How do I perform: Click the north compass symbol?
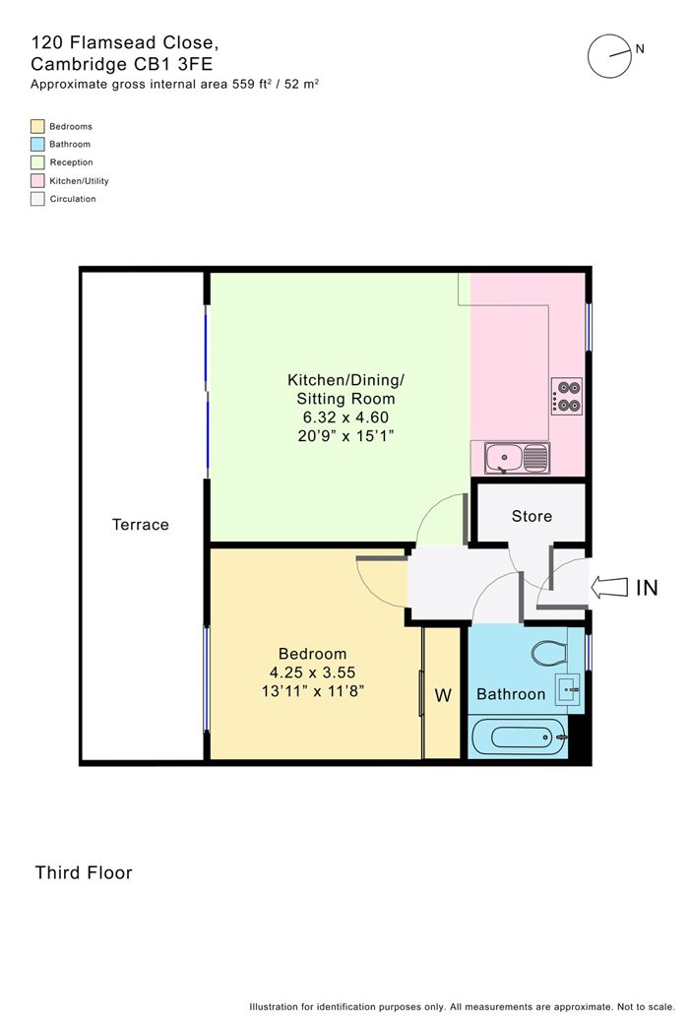[609, 55]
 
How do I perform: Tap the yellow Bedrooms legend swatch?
[37, 126]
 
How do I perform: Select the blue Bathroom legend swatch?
[37, 144]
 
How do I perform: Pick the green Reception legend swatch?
[37, 162]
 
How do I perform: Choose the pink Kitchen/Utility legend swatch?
[37, 181]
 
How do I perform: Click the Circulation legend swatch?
[37, 199]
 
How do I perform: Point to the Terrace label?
[141, 525]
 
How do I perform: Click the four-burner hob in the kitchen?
[568, 395]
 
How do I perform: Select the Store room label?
[532, 516]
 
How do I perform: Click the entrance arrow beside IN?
[608, 588]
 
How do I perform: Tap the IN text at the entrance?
[646, 589]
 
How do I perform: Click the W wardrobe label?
[443, 695]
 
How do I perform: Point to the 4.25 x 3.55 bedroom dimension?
[312, 672]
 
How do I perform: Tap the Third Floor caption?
[84, 872]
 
